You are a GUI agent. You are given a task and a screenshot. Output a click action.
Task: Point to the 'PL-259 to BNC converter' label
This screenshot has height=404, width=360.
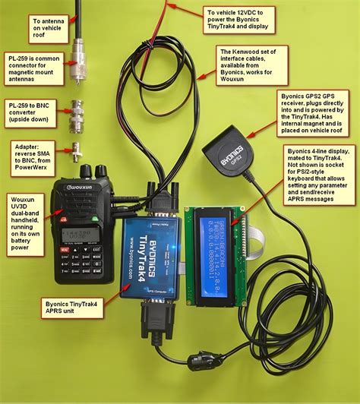tap(30, 108)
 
